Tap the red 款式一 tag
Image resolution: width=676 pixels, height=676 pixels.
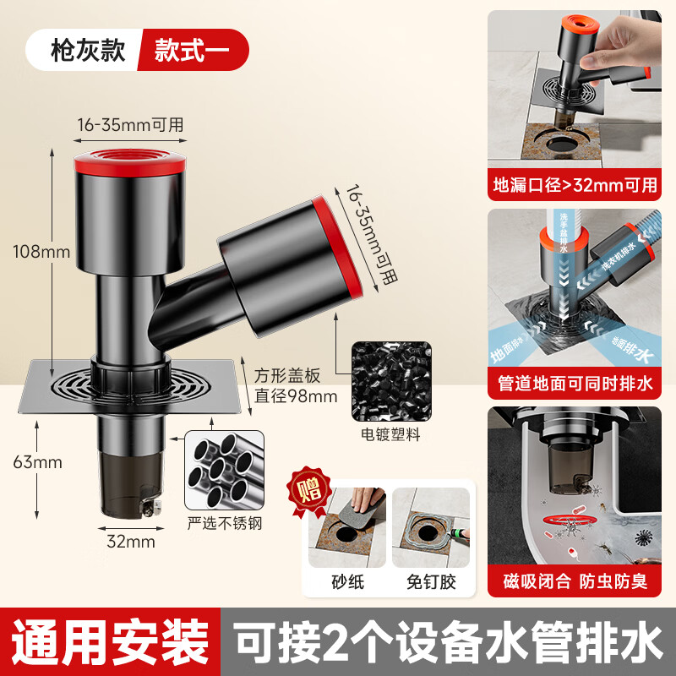pyautogui.click(x=192, y=50)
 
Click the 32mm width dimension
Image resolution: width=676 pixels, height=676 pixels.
pyautogui.click(x=130, y=542)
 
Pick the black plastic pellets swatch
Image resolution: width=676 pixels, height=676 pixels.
pyautogui.click(x=389, y=379)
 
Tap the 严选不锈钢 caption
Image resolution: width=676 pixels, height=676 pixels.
pyautogui.click(x=223, y=524)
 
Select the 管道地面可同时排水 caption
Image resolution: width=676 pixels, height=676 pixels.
pyautogui.click(x=575, y=385)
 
